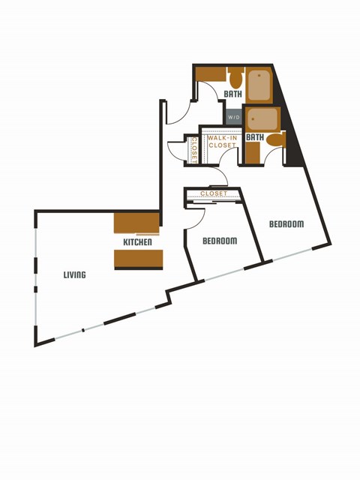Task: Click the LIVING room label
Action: tap(74, 275)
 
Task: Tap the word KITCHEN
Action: tap(138, 242)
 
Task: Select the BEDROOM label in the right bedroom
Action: tap(286, 224)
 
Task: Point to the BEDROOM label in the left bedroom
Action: tap(220, 241)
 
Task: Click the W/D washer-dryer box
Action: tap(234, 118)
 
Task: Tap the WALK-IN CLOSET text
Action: tap(222, 141)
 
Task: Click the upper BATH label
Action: tap(233, 94)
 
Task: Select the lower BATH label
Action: tap(255, 137)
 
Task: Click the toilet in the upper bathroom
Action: tap(235, 77)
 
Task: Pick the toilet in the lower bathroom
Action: tap(276, 139)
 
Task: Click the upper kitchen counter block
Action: tap(136, 223)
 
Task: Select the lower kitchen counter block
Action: tap(138, 259)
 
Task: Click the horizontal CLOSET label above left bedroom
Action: tap(214, 194)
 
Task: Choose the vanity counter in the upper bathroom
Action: tap(212, 74)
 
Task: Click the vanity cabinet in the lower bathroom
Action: tap(253, 152)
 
